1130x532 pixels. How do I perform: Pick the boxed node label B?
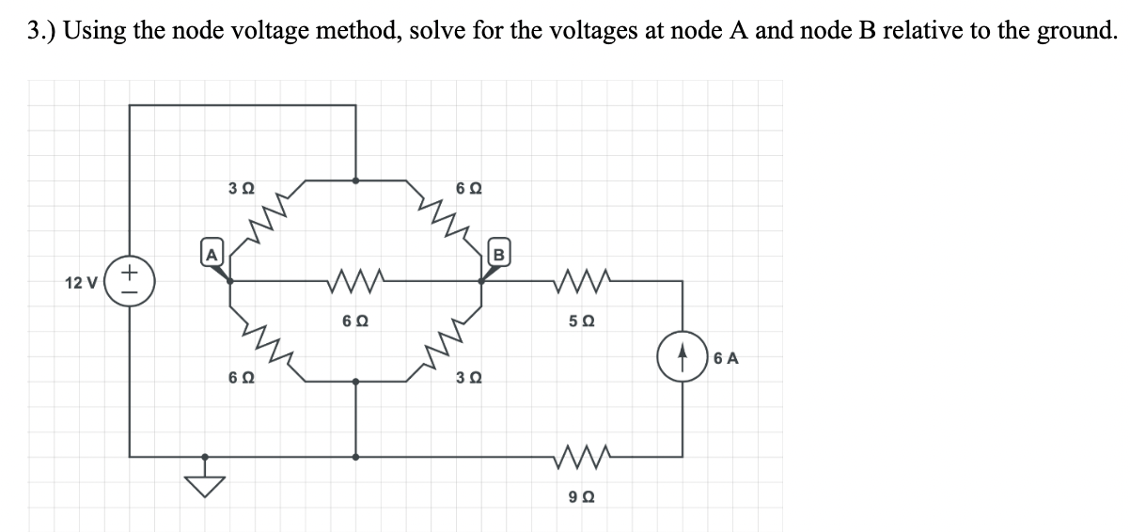point(499,254)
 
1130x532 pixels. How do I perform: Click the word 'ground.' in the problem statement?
point(1072,31)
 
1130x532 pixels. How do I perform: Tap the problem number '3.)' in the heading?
point(41,31)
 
